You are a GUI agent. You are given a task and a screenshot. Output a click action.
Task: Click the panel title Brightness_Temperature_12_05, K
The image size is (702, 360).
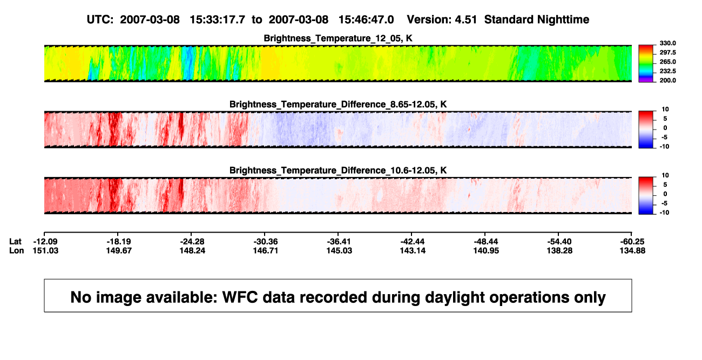[x=338, y=38]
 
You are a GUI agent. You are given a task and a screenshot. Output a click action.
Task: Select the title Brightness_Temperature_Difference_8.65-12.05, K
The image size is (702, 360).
[x=338, y=104]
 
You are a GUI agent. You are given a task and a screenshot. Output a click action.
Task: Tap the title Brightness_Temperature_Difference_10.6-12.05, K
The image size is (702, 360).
[x=338, y=171]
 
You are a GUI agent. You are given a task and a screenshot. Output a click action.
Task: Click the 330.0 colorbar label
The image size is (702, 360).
[x=667, y=43]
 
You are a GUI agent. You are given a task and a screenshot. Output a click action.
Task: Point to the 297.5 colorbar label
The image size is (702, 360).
[x=667, y=53]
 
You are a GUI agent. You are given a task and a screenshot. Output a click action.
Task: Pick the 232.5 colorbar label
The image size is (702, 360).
[x=667, y=71]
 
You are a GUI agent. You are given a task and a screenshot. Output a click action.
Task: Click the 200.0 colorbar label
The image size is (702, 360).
[x=667, y=80]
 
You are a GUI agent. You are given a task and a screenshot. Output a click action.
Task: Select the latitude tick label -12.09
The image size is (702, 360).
[x=45, y=242]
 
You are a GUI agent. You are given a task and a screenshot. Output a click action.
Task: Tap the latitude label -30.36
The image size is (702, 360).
[x=266, y=242]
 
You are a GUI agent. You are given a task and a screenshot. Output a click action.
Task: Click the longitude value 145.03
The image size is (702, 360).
[x=339, y=250]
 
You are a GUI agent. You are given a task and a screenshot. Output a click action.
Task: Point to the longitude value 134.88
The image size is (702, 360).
[x=632, y=250]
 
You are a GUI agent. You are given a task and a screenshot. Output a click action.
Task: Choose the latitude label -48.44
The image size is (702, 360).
[x=486, y=242]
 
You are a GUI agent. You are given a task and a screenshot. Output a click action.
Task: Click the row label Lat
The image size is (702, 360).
[x=15, y=242]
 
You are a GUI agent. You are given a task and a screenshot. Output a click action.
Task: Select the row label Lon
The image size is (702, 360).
[x=17, y=250]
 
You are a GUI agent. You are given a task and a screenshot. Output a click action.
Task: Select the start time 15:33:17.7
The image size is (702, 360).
[x=218, y=20]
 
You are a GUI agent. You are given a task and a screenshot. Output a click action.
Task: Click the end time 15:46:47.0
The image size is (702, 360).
[x=366, y=20]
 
